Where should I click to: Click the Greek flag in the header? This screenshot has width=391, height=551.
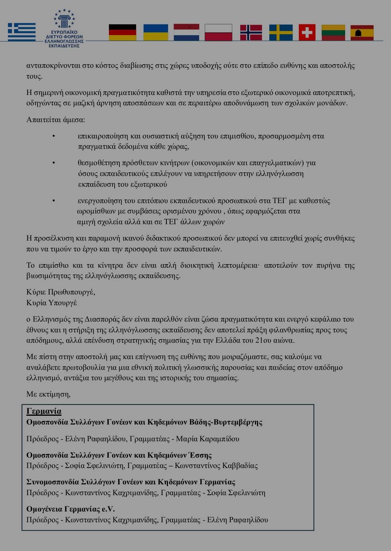(x=22, y=32)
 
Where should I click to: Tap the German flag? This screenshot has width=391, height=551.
(x=122, y=32)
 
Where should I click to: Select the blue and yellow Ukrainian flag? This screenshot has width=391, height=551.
(x=156, y=32)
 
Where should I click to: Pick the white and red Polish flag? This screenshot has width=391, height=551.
(x=218, y=32)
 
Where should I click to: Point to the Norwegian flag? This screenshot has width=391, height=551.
(x=251, y=32)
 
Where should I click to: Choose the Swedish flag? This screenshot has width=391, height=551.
(x=281, y=32)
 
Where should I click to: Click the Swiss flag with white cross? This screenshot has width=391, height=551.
(x=307, y=32)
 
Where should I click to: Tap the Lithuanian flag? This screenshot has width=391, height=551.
(x=333, y=32)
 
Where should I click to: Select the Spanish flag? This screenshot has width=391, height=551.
(x=362, y=32)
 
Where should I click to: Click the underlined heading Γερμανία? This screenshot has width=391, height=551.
(x=44, y=411)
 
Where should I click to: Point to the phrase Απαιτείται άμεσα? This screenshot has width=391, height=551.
(x=55, y=120)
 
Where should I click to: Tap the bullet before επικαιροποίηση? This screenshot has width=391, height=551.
(x=54, y=136)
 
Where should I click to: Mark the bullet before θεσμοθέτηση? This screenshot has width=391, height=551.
(x=54, y=163)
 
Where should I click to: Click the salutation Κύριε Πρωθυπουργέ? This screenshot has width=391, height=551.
(x=61, y=292)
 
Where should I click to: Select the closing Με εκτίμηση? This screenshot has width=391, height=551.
(x=48, y=394)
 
